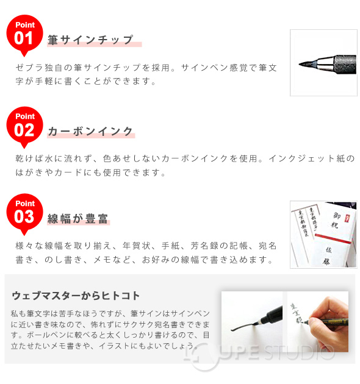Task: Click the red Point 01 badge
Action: point(24,34)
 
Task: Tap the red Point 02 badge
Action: point(24,125)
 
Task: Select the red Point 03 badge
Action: point(24,213)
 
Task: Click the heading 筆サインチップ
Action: point(90,40)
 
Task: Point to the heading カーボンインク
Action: point(90,131)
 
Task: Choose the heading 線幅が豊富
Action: point(79,219)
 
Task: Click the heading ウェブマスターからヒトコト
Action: point(76,296)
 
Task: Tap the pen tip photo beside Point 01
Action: point(323,62)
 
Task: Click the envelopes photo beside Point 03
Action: point(323,234)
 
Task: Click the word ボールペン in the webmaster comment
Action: point(45,336)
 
